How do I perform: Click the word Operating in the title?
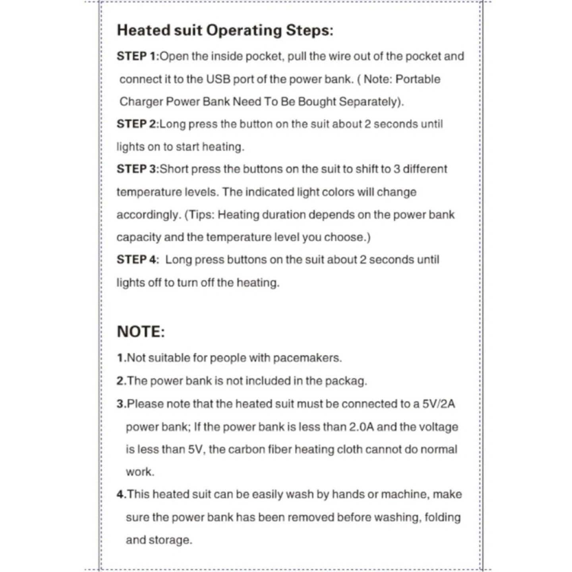coord(244,31)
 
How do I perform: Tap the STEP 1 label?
coord(137,56)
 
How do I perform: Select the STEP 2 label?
coord(137,124)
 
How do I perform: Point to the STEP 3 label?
coord(137,169)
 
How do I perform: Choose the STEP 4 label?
coord(137,260)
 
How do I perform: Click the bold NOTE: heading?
coord(141,332)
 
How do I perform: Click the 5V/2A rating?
coord(439,404)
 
